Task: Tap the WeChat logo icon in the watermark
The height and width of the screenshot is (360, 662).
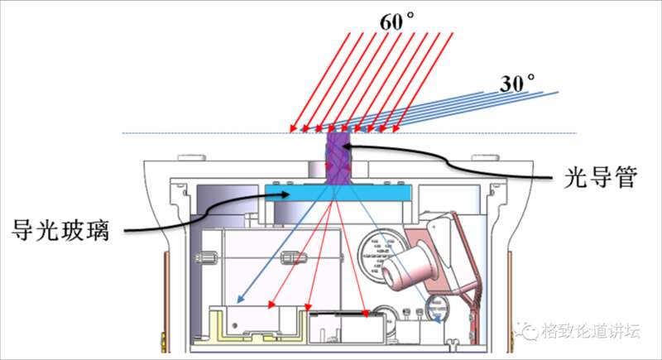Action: click(527, 331)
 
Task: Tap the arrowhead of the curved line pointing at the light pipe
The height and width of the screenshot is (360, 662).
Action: click(352, 148)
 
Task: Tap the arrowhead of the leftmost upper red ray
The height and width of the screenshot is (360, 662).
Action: click(293, 129)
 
